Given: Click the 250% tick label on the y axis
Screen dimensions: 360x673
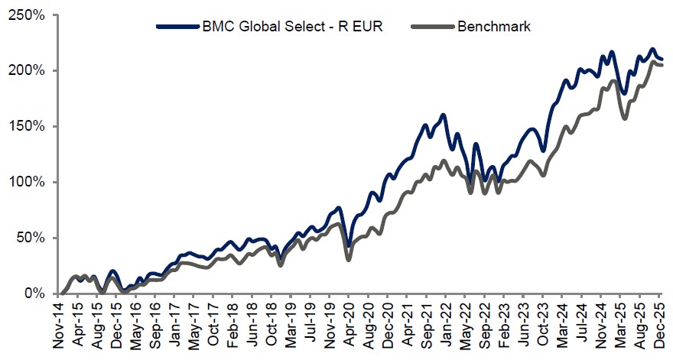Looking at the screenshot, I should coord(28,15).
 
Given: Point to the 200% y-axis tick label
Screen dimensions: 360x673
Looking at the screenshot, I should coord(28,71).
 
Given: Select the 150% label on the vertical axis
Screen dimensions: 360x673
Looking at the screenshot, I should coord(28,127).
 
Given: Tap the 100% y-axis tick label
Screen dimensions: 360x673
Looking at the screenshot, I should coord(28,183).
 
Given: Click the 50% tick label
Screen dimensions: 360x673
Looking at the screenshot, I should coord(31,238).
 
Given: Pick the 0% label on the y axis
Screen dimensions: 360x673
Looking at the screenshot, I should coord(34,294).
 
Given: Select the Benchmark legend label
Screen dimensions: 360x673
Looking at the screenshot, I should coord(493,27).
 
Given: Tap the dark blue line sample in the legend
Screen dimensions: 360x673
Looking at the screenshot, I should coord(177,27).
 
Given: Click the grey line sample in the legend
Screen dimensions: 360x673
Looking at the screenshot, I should coord(432,27).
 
